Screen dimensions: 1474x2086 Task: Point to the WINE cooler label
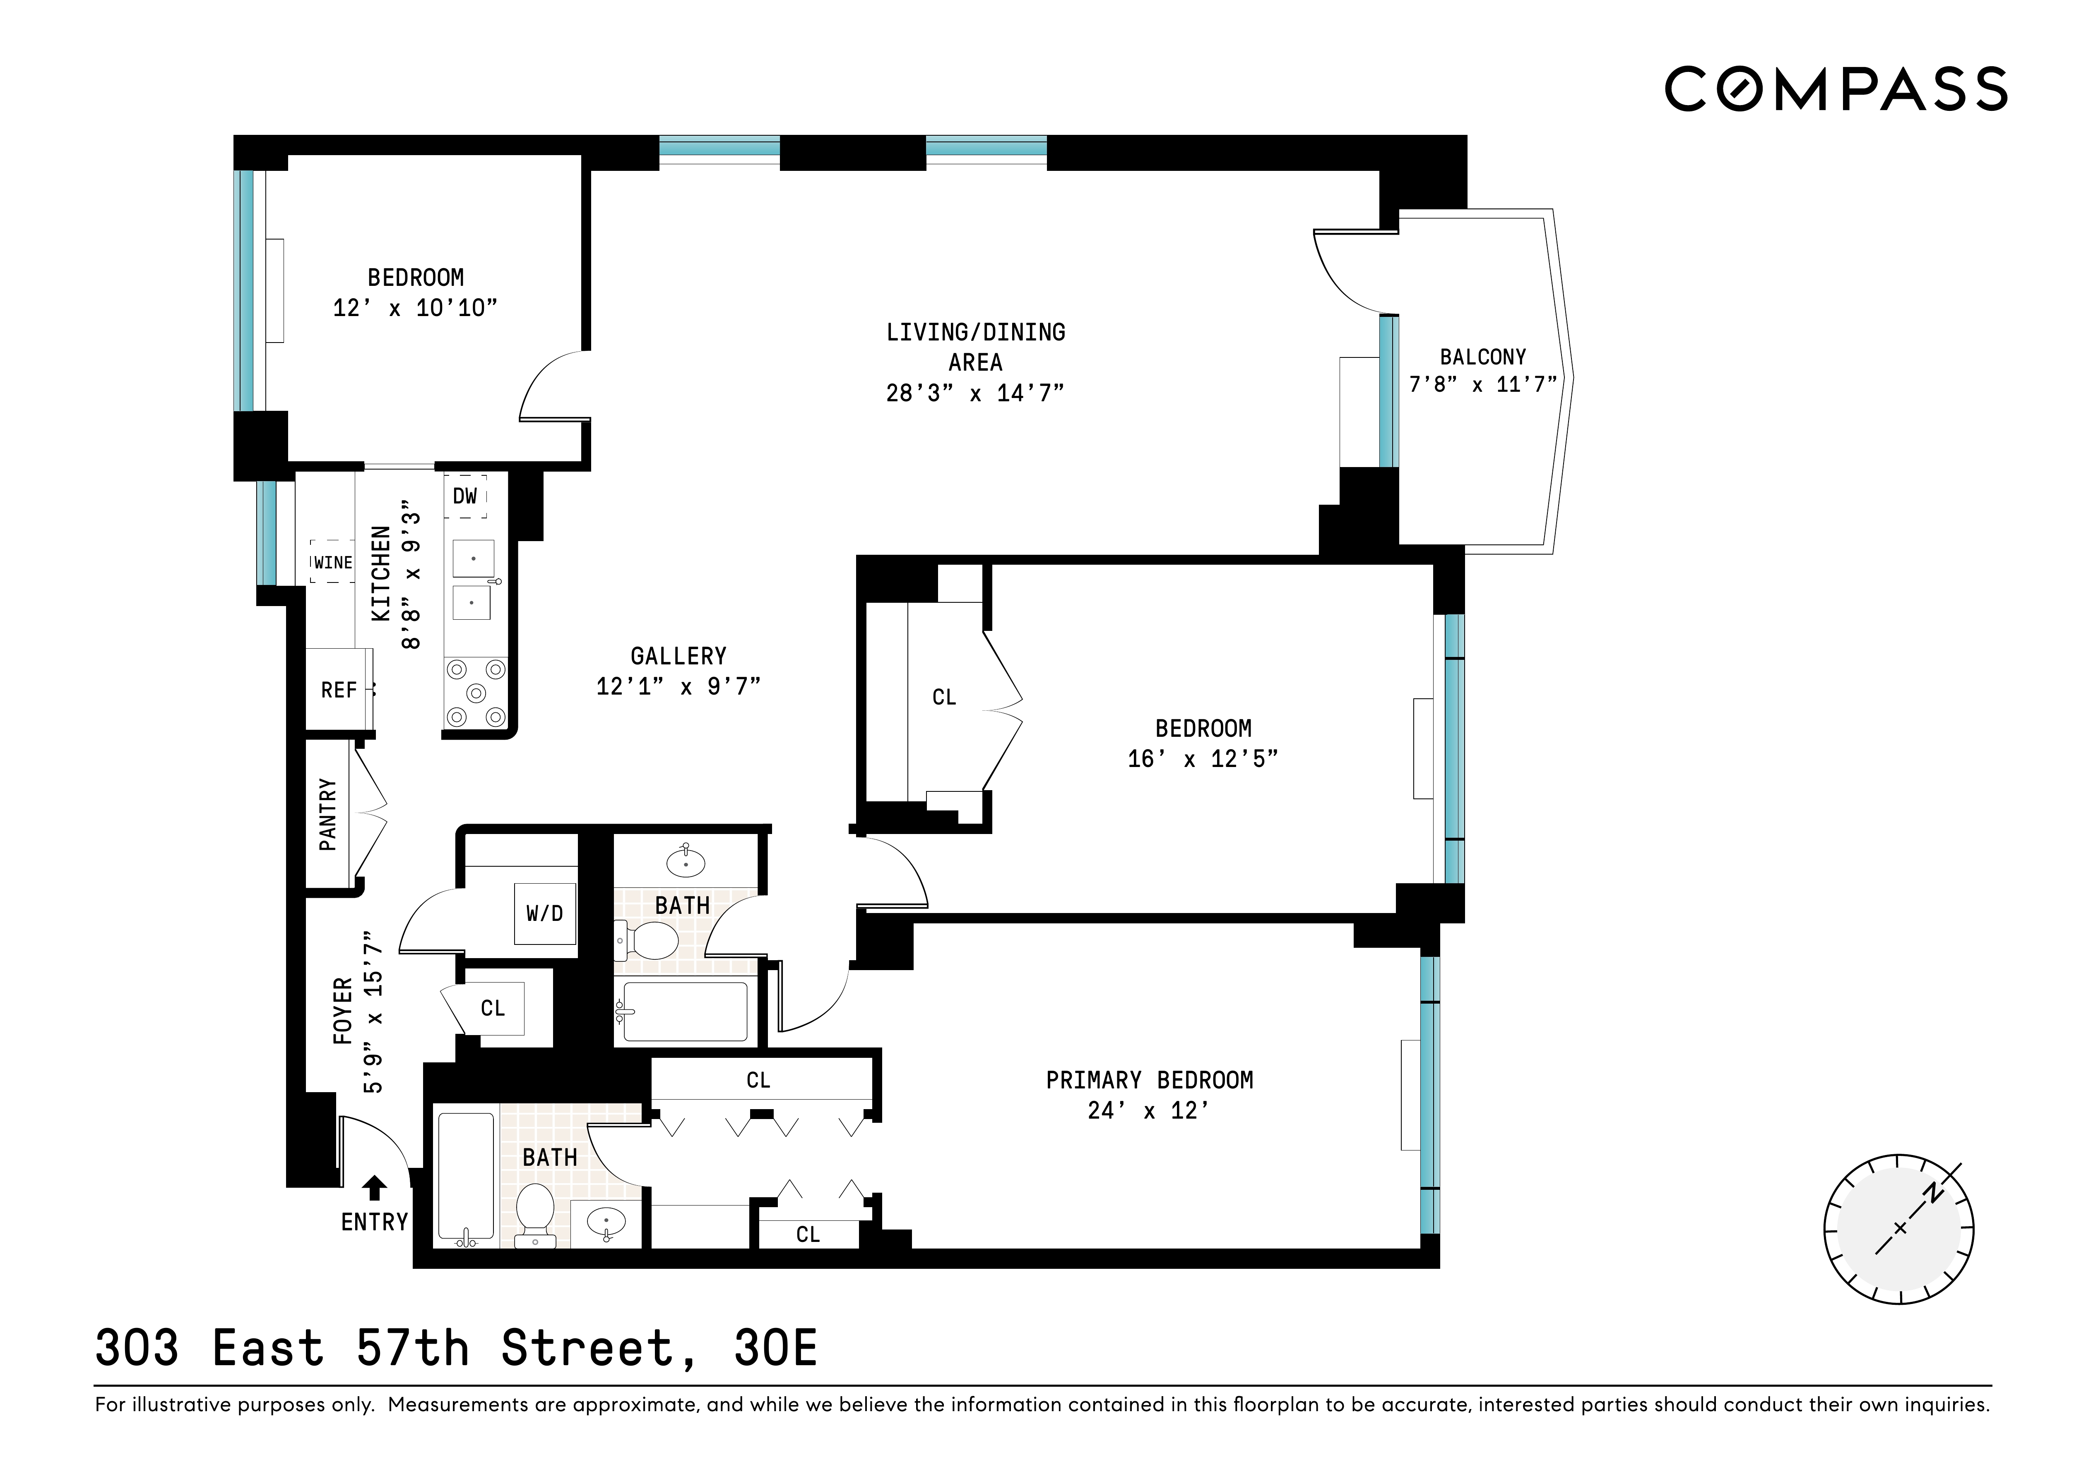click(332, 562)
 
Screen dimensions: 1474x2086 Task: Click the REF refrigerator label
click(339, 690)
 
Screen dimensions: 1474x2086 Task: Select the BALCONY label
click(1483, 357)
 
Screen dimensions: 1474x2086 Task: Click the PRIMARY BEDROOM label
click(1149, 1080)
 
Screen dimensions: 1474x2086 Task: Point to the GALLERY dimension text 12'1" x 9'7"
click(678, 687)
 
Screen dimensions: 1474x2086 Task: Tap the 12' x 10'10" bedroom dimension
click(415, 308)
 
